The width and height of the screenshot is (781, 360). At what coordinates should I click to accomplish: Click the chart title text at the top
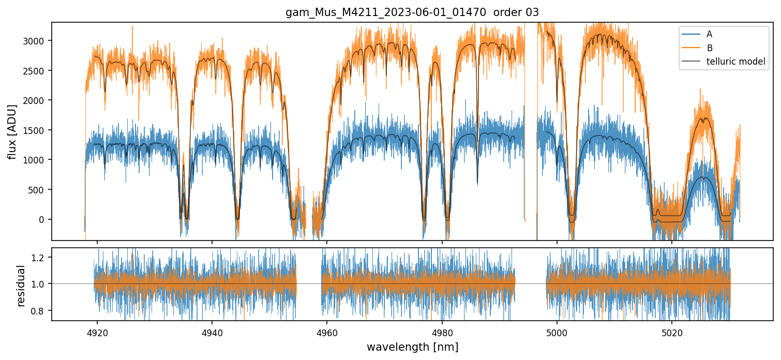[x=412, y=12]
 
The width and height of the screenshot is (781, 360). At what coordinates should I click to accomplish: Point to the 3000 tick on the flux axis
[x=37, y=40]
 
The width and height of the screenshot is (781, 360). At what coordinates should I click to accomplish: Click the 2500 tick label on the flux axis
[x=37, y=70]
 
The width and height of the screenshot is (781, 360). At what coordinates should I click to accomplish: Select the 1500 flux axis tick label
[x=37, y=130]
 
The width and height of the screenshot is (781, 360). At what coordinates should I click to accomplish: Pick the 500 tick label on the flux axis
[x=39, y=189]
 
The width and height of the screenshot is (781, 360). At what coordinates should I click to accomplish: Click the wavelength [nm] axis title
[x=412, y=347]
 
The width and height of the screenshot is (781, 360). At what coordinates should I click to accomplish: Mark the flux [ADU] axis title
[x=12, y=131]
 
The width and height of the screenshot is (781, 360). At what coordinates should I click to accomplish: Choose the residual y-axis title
[x=21, y=285]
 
